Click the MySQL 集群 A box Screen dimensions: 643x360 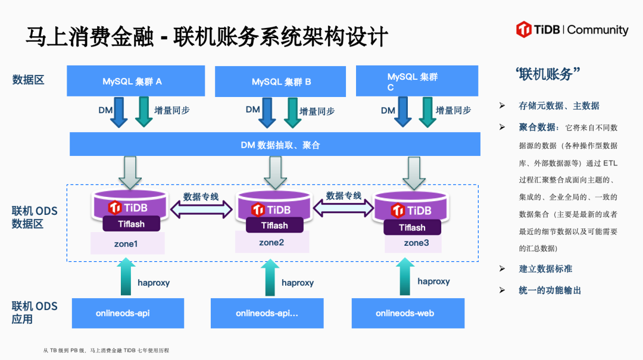point(136,81)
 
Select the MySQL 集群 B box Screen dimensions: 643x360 point(280,82)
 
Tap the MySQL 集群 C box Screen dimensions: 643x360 point(417,81)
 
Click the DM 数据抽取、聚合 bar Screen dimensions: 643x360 point(274,144)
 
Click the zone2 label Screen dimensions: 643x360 point(272,242)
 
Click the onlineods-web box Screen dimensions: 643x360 point(408,313)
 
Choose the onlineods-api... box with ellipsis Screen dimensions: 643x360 point(267,313)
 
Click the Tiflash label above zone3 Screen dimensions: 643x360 point(412,227)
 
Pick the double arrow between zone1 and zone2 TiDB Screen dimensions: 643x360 point(201,209)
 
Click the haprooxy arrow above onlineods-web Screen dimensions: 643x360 point(405,276)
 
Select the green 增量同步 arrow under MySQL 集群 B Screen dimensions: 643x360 point(292,112)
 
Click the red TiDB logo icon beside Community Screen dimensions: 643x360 point(524,30)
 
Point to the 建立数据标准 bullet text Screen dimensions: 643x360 point(545,269)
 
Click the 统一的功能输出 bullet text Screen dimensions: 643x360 point(550,290)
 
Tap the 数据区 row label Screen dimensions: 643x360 point(28,80)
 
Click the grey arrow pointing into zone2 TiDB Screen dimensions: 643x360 point(275,173)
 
